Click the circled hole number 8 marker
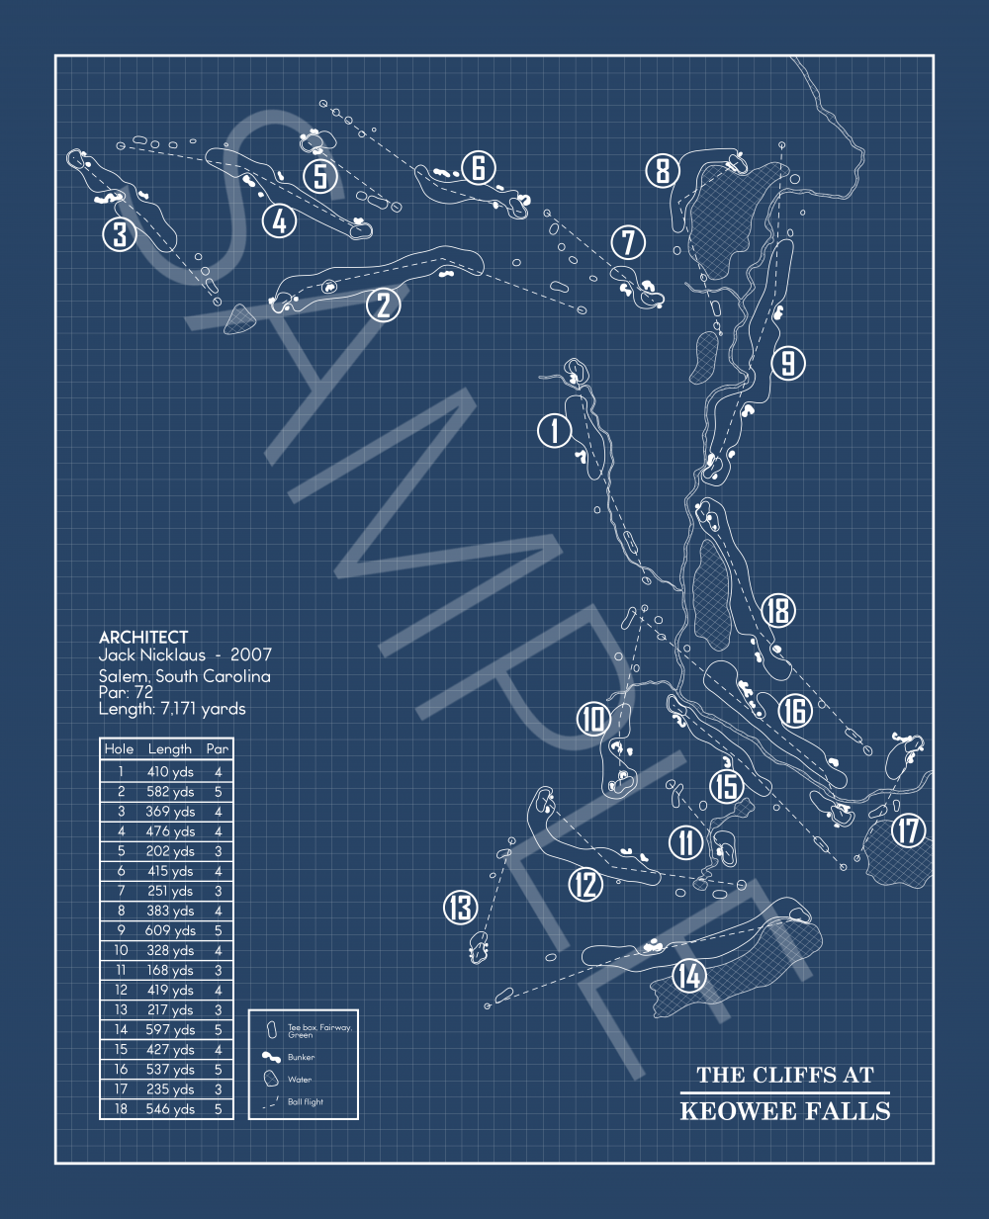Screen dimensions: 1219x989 pyautogui.click(x=663, y=170)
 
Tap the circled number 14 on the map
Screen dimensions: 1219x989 pyautogui.click(x=689, y=976)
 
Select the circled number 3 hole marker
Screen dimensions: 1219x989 pyautogui.click(x=120, y=234)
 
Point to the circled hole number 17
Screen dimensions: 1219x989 pyautogui.click(x=909, y=830)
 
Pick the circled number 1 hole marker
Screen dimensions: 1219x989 pyautogui.click(x=555, y=430)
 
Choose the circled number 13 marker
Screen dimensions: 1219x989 pyautogui.click(x=461, y=907)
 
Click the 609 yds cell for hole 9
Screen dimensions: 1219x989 pyautogui.click(x=170, y=930)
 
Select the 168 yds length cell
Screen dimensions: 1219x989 pyautogui.click(x=170, y=970)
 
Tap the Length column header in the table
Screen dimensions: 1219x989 pyautogui.click(x=170, y=749)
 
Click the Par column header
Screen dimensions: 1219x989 pyautogui.click(x=218, y=749)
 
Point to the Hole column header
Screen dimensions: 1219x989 pyautogui.click(x=120, y=749)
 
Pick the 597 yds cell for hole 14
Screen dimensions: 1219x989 pyautogui.click(x=170, y=1029)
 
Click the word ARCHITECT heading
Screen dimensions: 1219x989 pyautogui.click(x=143, y=638)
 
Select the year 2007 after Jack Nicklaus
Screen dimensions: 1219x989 pyautogui.click(x=251, y=654)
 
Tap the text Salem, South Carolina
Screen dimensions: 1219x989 pyautogui.click(x=184, y=676)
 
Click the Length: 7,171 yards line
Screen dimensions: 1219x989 pyautogui.click(x=172, y=709)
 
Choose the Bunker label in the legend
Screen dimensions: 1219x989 pyautogui.click(x=301, y=1057)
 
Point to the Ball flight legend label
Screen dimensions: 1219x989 pyautogui.click(x=306, y=1101)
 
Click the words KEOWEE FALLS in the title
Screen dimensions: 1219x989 pyautogui.click(x=785, y=1111)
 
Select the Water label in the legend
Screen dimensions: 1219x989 pyautogui.click(x=300, y=1080)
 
